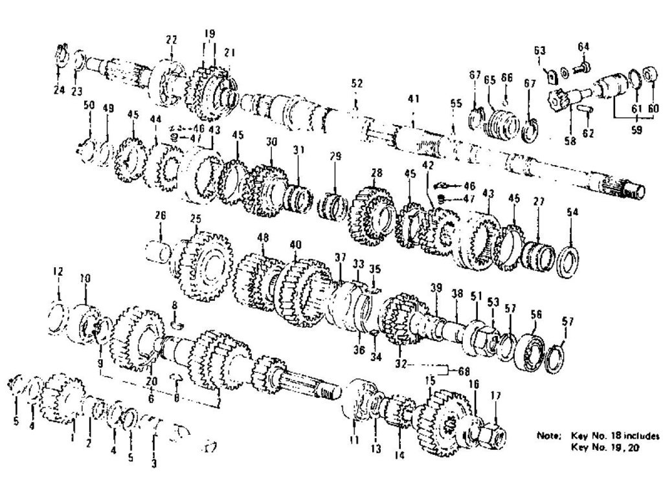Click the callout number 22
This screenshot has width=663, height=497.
click(171, 39)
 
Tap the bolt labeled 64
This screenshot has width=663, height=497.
click(583, 66)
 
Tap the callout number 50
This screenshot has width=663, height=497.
click(89, 105)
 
